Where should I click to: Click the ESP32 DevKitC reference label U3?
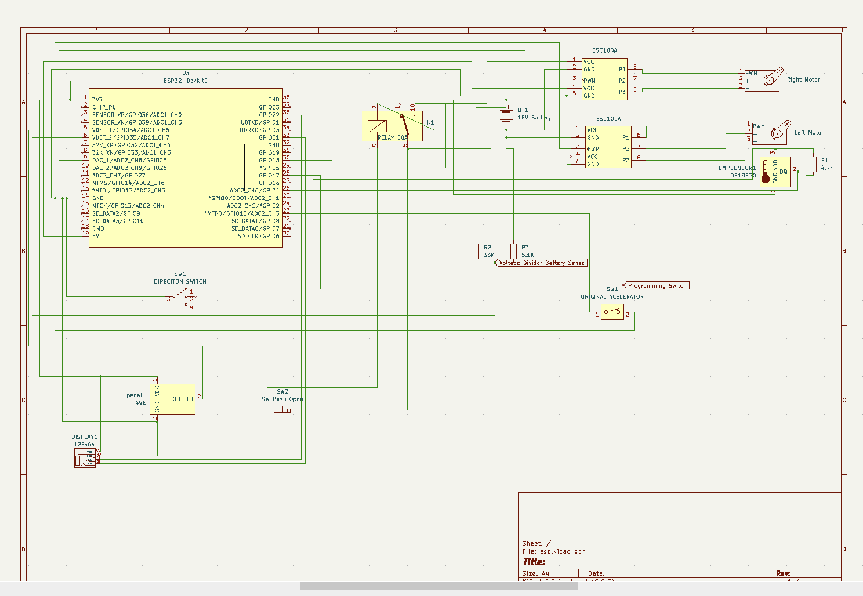point(186,74)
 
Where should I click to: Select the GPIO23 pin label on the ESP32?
point(269,107)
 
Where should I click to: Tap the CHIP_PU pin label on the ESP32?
point(104,107)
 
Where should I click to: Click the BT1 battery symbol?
point(506,114)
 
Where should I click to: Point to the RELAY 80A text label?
point(393,138)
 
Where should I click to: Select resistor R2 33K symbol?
point(476,251)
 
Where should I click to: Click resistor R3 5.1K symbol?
point(513,250)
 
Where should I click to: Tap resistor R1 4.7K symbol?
point(813,164)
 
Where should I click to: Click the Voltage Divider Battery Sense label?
point(542,263)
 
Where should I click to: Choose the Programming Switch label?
point(657,286)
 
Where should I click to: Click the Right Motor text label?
point(803,80)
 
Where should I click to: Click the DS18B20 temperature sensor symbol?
point(775,172)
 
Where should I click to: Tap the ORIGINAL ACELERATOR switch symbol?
point(612,312)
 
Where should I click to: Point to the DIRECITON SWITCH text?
point(180,282)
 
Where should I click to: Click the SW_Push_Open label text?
point(282,399)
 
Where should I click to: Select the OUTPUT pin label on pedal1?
point(183,399)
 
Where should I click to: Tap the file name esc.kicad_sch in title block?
point(562,552)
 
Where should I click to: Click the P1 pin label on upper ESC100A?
point(622,70)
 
